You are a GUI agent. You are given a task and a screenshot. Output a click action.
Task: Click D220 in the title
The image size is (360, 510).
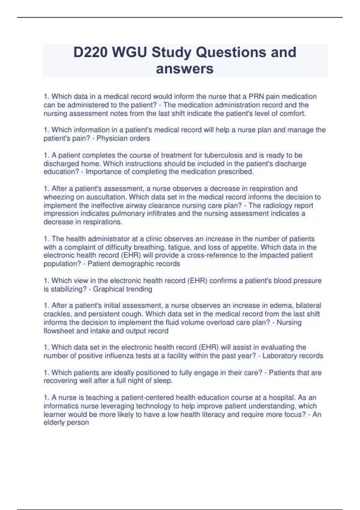coord(90,52)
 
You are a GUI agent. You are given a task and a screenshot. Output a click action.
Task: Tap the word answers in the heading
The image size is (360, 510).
coord(185,69)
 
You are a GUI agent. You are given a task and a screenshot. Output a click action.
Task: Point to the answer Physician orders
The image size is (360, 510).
coord(123,138)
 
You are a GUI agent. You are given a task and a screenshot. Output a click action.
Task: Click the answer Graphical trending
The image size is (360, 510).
coord(122,289)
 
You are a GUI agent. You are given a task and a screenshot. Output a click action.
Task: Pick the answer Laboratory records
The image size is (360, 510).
coord(293,356)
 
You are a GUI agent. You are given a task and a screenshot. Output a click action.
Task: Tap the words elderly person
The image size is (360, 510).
coord(66,422)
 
